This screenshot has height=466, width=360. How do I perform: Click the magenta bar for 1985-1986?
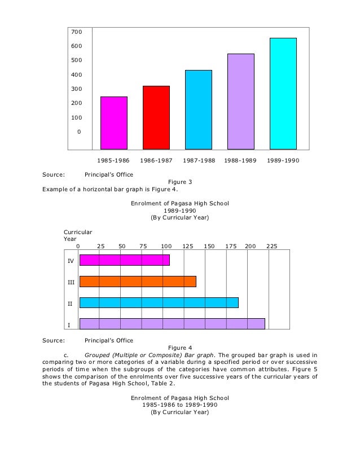pyautogui.click(x=114, y=122)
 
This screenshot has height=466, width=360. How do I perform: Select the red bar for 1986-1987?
pyautogui.click(x=156, y=117)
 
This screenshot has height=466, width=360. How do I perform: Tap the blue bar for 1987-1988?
pyautogui.click(x=199, y=109)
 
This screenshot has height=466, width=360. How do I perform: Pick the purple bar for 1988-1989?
pyautogui.click(x=241, y=102)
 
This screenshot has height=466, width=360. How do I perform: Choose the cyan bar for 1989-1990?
pyautogui.click(x=283, y=93)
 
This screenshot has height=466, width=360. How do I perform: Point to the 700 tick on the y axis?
pyautogui.click(x=76, y=32)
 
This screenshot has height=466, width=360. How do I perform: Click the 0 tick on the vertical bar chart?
pyautogui.click(x=79, y=132)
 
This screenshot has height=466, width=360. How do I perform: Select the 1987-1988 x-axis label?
pyautogui.click(x=199, y=160)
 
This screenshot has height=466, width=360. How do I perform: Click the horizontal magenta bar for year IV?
pyautogui.click(x=125, y=260)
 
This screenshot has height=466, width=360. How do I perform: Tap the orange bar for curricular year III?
pyautogui.click(x=138, y=282)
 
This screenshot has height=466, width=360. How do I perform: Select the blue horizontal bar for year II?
pyautogui.click(x=159, y=302)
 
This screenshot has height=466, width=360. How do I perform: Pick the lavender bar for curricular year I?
pyautogui.click(x=172, y=324)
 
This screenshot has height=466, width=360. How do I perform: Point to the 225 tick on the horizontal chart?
pyautogui.click(x=272, y=246)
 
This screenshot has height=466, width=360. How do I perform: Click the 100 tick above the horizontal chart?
pyautogui.click(x=165, y=246)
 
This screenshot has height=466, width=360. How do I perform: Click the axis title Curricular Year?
pyautogui.click(x=77, y=235)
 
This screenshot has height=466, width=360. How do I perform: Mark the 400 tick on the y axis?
pyautogui.click(x=76, y=74)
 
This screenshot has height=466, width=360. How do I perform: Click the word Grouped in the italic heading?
pyautogui.click(x=96, y=355)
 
